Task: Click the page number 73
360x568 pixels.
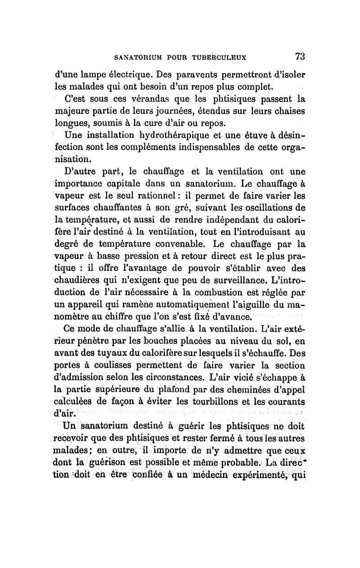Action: pyautogui.click(x=300, y=57)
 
